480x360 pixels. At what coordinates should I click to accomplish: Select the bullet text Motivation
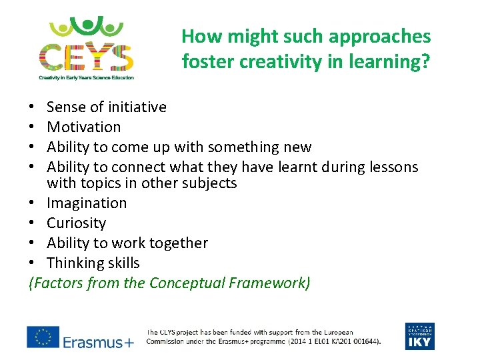coord(84,127)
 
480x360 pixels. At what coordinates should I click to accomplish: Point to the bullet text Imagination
coord(87,203)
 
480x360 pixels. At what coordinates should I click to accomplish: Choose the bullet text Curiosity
coord(76,223)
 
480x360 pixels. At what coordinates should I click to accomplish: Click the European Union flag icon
coord(43,337)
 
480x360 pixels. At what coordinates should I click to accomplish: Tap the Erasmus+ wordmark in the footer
coord(99,342)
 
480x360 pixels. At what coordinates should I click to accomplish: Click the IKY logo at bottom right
coord(419,336)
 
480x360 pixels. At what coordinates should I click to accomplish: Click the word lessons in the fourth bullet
coord(393,167)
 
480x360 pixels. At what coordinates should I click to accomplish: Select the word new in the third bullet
coord(297,147)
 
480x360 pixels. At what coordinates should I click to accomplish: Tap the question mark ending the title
coord(425,61)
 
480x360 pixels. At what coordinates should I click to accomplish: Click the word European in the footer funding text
coord(333,331)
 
